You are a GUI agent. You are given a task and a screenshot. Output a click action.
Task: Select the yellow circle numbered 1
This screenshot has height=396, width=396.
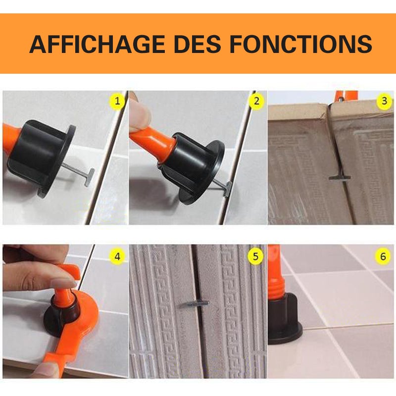click(x=117, y=102)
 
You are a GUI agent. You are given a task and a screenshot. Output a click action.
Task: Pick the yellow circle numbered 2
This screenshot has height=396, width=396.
click(x=256, y=102)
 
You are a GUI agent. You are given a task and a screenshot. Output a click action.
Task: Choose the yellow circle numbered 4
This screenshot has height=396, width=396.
click(x=117, y=256)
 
